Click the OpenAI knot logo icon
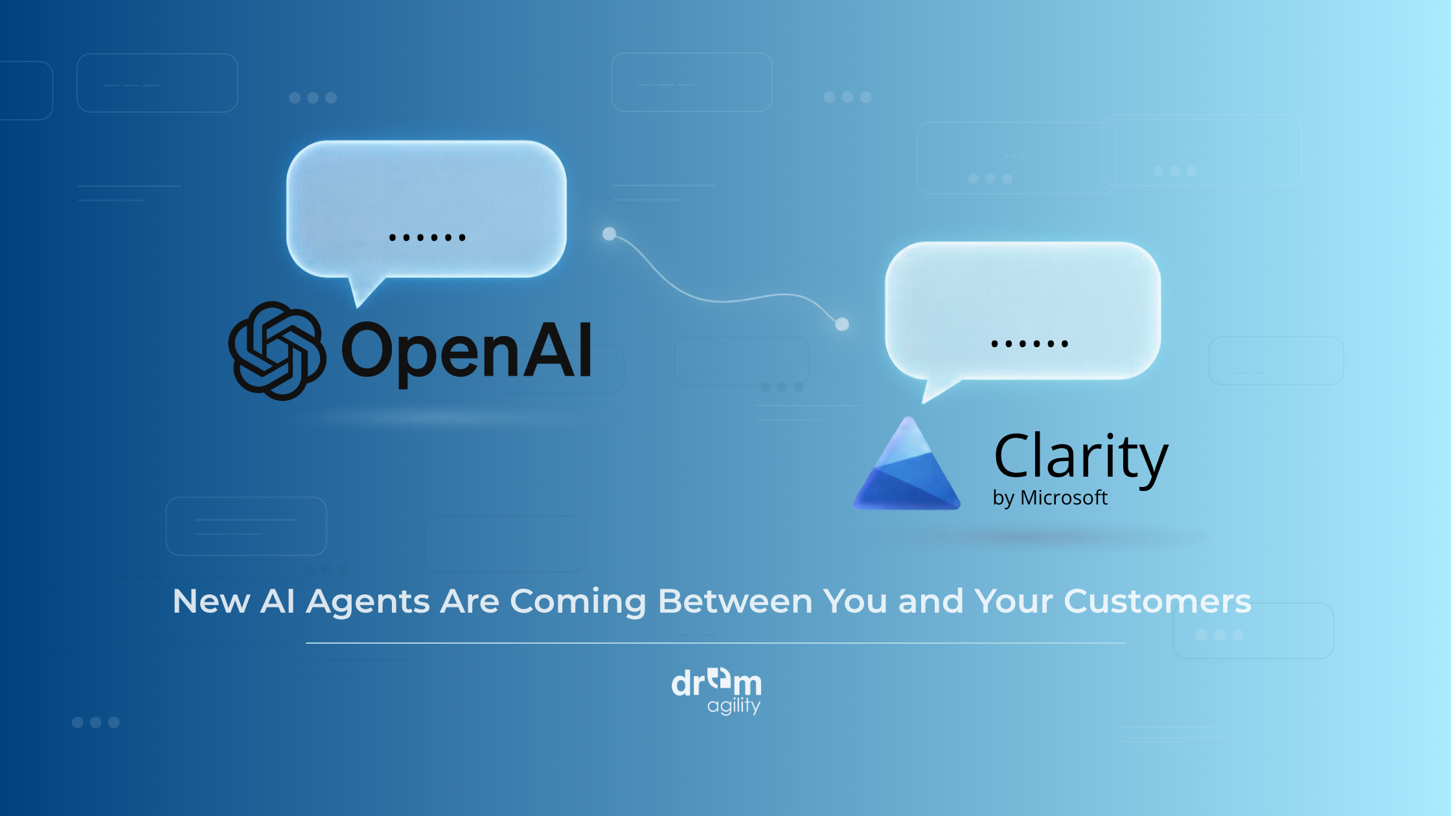pos(277,351)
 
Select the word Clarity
pos(1081,459)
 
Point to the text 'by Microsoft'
pos(1050,498)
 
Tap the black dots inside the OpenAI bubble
pos(427,238)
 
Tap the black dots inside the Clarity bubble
pos(1029,344)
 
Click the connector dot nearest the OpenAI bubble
pos(609,234)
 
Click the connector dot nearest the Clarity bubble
pos(842,324)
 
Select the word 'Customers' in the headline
pos(1158,601)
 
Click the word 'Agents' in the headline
pos(369,602)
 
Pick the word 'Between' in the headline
pos(735,601)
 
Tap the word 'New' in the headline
pos(211,601)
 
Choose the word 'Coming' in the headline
pos(578,602)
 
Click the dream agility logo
pos(716,692)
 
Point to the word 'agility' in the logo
pos(734,706)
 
